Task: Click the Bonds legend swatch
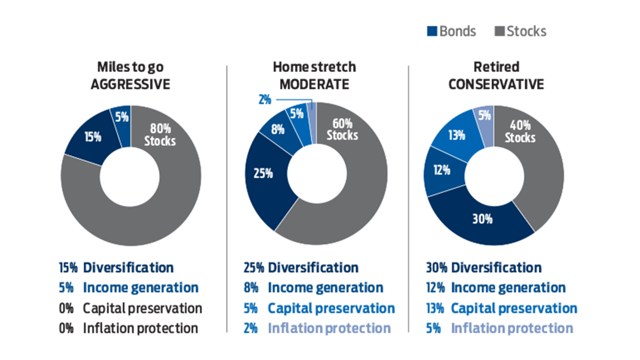[432, 31]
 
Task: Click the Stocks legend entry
[520, 31]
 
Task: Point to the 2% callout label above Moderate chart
[264, 99]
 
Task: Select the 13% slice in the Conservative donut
[456, 134]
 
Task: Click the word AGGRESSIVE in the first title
[130, 84]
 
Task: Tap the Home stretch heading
[314, 67]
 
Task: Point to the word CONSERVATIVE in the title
[495, 84]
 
